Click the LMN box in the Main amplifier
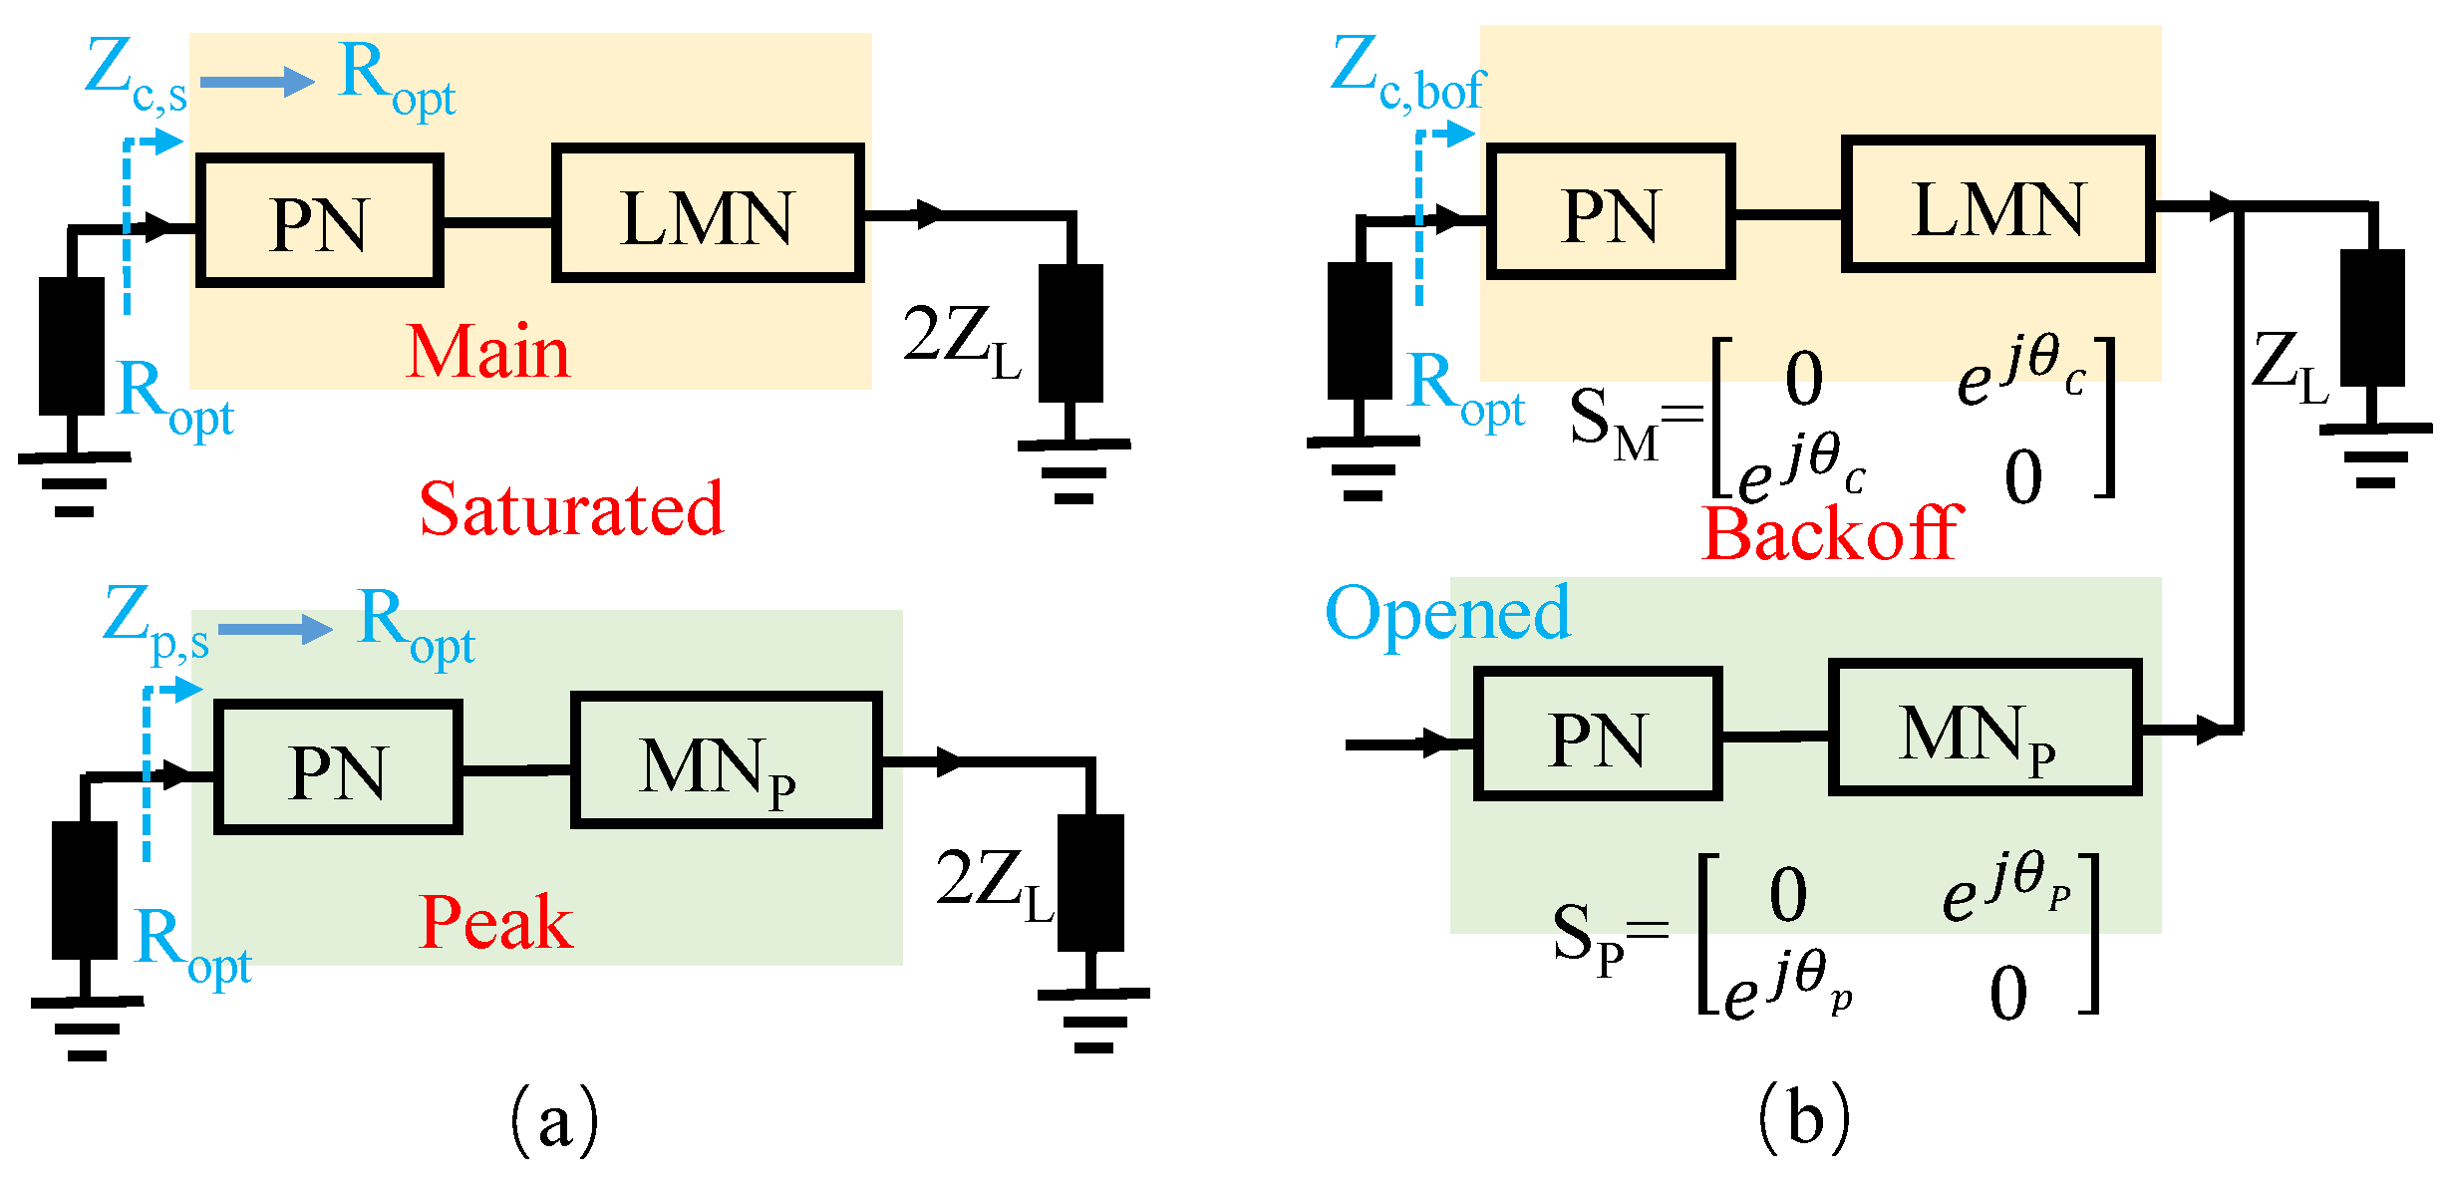[x=708, y=213]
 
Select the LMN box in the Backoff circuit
[x=1998, y=205]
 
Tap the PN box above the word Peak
[x=338, y=766]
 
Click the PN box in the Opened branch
[x=1598, y=734]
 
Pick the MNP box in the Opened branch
[x=1985, y=729]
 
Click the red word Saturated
[x=571, y=509]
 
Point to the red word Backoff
[x=1832, y=533]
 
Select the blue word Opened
[x=1447, y=613]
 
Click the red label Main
[x=487, y=352]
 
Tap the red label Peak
[x=495, y=922]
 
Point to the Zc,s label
[x=136, y=75]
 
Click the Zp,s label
[x=155, y=623]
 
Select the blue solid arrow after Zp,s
[x=275, y=629]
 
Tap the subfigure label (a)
[x=554, y=1120]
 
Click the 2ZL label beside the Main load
[x=961, y=339]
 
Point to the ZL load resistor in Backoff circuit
[x=2372, y=318]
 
